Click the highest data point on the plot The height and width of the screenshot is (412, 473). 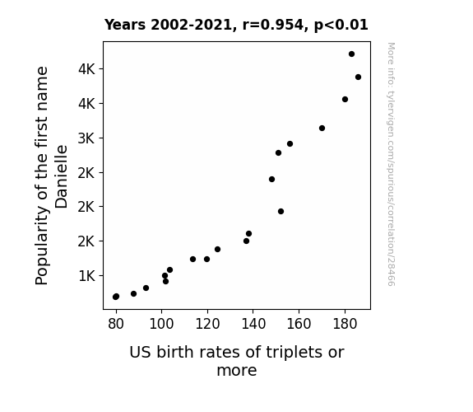[351, 54]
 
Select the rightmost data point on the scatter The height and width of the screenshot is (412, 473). [358, 77]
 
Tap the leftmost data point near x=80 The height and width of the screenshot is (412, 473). [116, 297]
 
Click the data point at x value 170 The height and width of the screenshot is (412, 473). [322, 129]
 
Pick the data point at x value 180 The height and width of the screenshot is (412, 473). [345, 100]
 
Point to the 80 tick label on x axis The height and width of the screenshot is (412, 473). [116, 324]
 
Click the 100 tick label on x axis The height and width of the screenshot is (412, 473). [162, 324]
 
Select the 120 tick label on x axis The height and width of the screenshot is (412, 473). [207, 324]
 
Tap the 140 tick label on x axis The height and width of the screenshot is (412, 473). [253, 324]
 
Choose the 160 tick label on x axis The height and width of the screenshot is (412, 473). [299, 324]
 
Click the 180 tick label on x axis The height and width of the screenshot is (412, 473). [345, 324]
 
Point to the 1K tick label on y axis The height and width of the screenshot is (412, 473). [86, 276]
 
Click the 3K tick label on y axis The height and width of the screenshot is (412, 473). [86, 138]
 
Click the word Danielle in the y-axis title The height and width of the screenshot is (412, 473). [62, 177]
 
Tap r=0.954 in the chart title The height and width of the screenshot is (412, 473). [273, 25]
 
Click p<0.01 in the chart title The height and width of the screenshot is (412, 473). [341, 25]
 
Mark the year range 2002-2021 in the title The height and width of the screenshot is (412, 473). [191, 25]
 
